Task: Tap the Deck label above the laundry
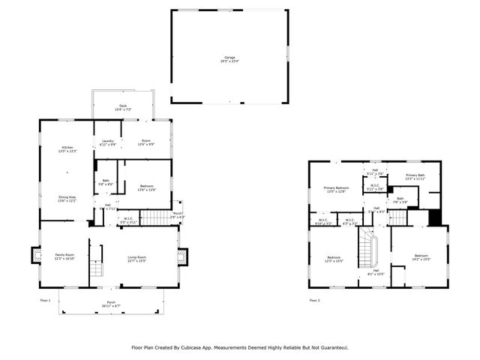123,106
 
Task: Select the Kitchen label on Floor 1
67,148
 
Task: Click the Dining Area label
67,197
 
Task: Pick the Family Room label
64,255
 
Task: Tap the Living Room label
136,257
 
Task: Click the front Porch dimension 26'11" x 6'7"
111,306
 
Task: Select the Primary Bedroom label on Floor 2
336,187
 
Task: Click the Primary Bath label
415,175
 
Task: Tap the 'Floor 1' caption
45,300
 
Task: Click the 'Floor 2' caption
314,300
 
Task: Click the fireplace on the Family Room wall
34,256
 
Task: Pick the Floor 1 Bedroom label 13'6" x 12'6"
146,187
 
